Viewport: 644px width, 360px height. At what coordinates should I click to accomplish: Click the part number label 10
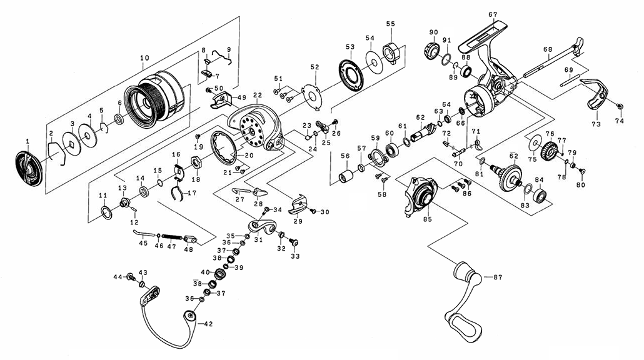click(x=144, y=58)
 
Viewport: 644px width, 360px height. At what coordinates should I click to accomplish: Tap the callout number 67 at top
click(x=493, y=15)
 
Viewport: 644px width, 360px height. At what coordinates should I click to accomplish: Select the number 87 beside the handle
click(x=498, y=277)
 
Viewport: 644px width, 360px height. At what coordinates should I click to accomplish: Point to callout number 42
click(x=208, y=324)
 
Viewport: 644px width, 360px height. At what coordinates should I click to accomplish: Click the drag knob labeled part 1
click(x=29, y=168)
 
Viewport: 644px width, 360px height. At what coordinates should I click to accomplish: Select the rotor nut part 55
click(x=391, y=52)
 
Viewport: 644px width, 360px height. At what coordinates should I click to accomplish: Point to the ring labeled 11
click(x=106, y=213)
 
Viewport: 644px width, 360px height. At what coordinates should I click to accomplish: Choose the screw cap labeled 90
click(x=431, y=51)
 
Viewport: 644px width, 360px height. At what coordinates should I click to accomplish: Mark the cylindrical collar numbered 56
click(x=346, y=175)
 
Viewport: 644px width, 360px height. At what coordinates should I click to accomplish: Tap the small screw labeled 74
click(x=620, y=106)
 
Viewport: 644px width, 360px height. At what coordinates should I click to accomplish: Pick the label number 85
click(x=428, y=219)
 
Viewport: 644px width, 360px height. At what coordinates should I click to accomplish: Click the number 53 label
click(x=350, y=47)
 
